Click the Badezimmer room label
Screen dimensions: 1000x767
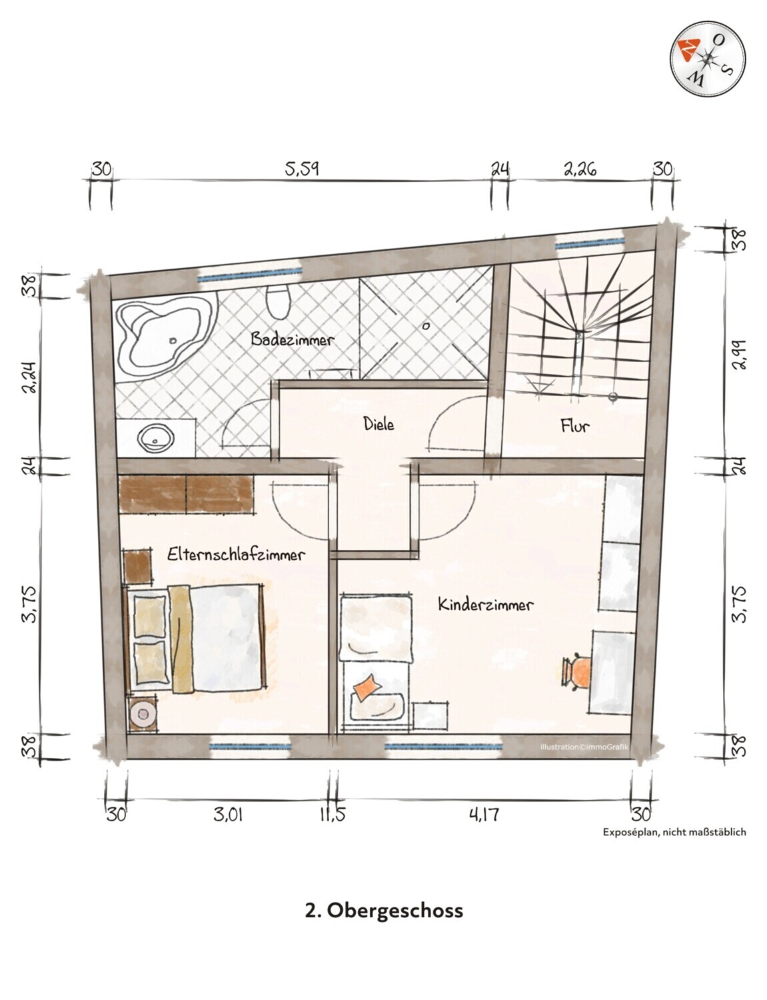pyautogui.click(x=292, y=339)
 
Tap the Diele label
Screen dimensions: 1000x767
pyautogui.click(x=379, y=423)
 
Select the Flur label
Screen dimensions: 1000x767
pyautogui.click(x=574, y=425)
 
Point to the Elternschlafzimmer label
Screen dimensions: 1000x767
pyautogui.click(x=236, y=554)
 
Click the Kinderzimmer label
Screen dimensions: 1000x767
pyautogui.click(x=485, y=605)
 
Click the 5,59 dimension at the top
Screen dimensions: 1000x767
pyautogui.click(x=302, y=169)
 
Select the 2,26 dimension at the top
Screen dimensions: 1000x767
pyautogui.click(x=580, y=169)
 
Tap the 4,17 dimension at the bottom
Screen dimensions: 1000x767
pyautogui.click(x=484, y=814)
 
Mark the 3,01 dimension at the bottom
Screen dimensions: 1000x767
pyautogui.click(x=228, y=814)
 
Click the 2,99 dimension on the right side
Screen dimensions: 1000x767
pyautogui.click(x=738, y=354)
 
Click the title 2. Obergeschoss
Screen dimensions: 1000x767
pyautogui.click(x=383, y=910)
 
